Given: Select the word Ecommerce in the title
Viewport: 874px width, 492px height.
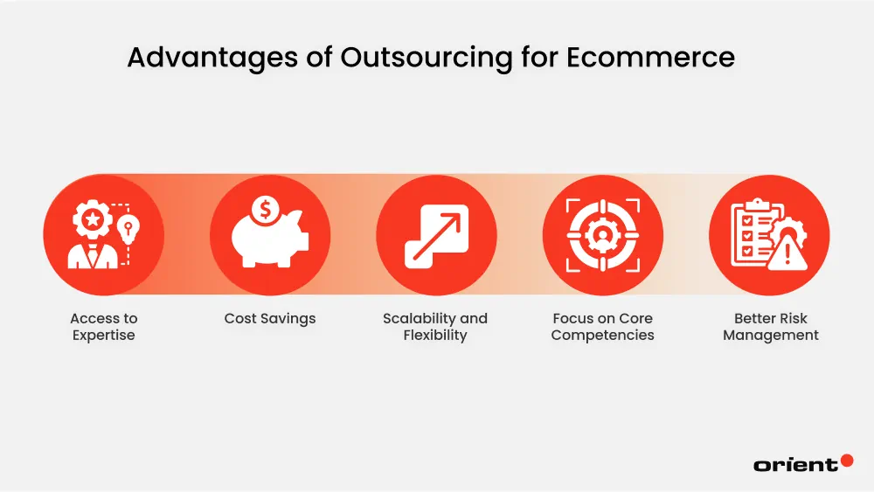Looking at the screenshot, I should tap(650, 58).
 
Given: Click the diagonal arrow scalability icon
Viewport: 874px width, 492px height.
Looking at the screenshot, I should tap(436, 235).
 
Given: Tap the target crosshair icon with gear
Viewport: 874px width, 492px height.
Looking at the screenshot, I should tap(602, 235).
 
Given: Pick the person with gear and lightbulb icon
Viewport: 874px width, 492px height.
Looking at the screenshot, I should tap(103, 235).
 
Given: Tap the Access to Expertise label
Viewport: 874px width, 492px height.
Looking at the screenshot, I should tap(104, 327).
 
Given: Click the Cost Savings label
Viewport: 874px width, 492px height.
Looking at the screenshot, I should tap(270, 319).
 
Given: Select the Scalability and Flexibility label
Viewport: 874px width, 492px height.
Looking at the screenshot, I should tap(435, 327).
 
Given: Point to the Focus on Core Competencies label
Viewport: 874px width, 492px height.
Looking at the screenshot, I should tap(602, 327).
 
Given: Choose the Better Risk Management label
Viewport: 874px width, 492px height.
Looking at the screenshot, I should tap(771, 327).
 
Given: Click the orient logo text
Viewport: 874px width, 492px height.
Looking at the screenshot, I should tap(794, 465).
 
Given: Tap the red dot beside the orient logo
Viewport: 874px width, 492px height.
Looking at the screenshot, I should tap(846, 460).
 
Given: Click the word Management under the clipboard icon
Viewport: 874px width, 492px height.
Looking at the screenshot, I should tap(771, 336).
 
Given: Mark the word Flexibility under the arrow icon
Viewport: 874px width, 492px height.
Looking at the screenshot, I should tap(435, 336).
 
